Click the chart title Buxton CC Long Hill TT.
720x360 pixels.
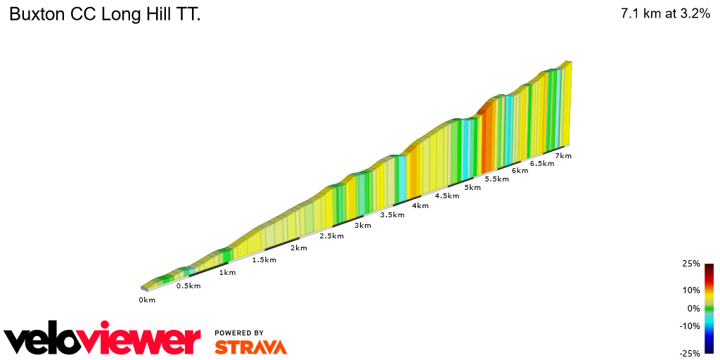point(105,15)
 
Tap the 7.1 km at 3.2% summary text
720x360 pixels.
point(665,14)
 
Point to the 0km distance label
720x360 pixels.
point(147,300)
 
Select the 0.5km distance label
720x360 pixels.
point(188,285)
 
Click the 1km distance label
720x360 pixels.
point(227,272)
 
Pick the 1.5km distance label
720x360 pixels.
point(264,259)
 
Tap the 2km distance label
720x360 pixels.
point(299,247)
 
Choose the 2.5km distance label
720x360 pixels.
point(331,236)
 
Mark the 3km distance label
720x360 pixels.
point(363,225)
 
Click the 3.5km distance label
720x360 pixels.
point(392,214)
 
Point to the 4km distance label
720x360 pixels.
point(420,205)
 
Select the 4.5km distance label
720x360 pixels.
point(447,195)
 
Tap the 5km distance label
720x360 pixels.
point(472,187)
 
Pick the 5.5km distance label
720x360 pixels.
point(497,179)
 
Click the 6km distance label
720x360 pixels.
point(520,170)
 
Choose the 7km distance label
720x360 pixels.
point(563,155)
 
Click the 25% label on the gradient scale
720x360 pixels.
point(690,264)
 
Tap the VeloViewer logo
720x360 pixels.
point(103,340)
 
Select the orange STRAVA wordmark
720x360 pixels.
point(250,347)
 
